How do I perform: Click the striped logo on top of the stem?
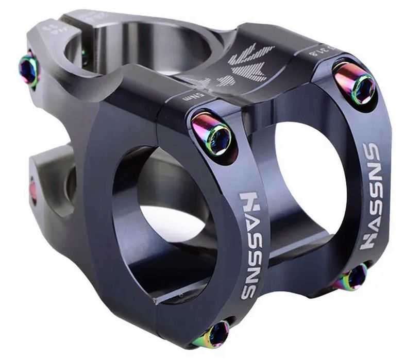coord(247,62)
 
